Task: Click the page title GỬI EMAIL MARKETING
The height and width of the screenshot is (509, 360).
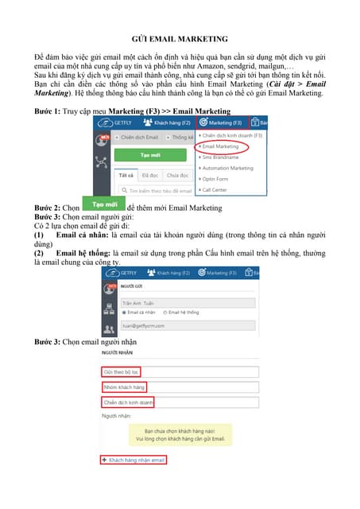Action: click(180, 38)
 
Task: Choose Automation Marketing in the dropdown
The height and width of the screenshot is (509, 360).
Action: click(228, 169)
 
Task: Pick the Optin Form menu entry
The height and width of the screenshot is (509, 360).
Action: click(215, 180)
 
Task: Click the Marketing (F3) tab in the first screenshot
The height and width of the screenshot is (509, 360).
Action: click(221, 123)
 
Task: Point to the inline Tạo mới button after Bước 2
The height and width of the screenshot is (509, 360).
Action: click(100, 205)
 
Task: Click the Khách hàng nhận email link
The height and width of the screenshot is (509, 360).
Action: click(134, 460)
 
